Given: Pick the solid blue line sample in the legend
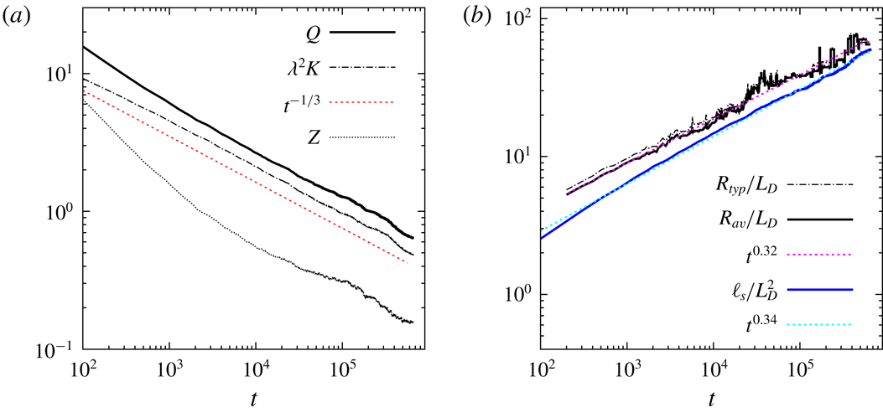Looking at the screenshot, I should click(823, 289).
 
